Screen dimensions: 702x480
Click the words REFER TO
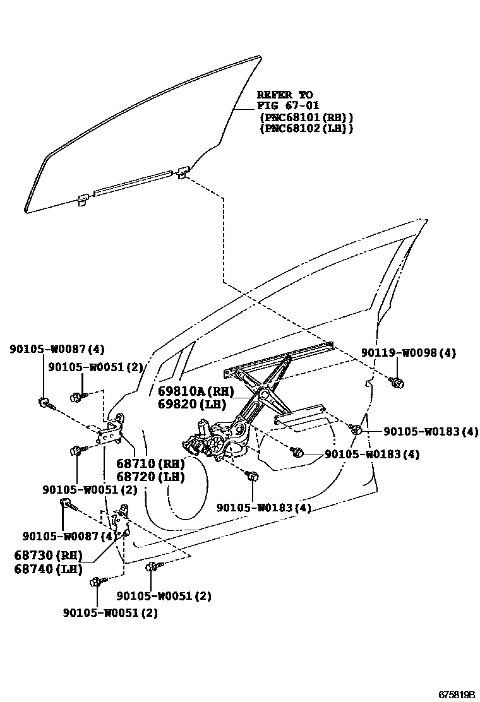tap(284, 95)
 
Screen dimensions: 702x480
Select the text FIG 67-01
tap(288, 105)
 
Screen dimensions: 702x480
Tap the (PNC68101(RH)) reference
tap(306, 117)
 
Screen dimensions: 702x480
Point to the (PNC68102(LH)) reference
tap(306, 128)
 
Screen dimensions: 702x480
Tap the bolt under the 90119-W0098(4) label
tap(397, 382)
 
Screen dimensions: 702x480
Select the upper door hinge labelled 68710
tap(110, 432)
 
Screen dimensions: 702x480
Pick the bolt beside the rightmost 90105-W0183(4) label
tap(356, 431)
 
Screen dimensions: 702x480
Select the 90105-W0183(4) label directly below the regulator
tap(263, 508)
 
